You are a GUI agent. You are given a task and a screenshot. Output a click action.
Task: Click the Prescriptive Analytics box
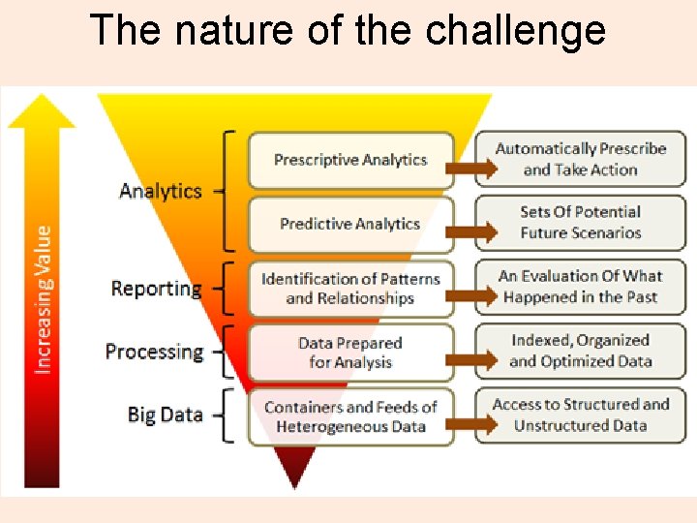(x=350, y=160)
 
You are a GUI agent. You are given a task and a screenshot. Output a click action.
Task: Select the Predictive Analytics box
(x=350, y=224)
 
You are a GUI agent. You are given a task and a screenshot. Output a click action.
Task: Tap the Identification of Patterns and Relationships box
(x=350, y=288)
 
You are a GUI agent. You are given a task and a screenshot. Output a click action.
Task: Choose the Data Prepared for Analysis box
(x=350, y=353)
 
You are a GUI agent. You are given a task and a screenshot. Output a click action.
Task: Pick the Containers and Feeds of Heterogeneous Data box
(x=350, y=416)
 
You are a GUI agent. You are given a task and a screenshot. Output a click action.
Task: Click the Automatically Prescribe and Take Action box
(x=580, y=160)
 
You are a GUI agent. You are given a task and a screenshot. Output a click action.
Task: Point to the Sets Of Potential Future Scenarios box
(x=580, y=223)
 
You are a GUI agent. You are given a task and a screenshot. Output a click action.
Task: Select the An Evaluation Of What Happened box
(x=580, y=287)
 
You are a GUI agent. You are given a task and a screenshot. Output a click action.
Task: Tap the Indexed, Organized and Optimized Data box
(x=580, y=352)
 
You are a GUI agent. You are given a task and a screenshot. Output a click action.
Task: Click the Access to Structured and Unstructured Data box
(x=580, y=415)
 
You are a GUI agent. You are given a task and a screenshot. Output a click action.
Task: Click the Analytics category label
(x=160, y=191)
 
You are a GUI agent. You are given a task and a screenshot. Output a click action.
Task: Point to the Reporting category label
(x=156, y=289)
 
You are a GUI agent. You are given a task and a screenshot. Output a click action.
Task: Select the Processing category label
(x=155, y=352)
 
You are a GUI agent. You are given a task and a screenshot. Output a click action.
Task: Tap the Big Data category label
(x=165, y=415)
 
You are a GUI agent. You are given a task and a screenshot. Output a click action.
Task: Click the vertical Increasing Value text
(x=44, y=300)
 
